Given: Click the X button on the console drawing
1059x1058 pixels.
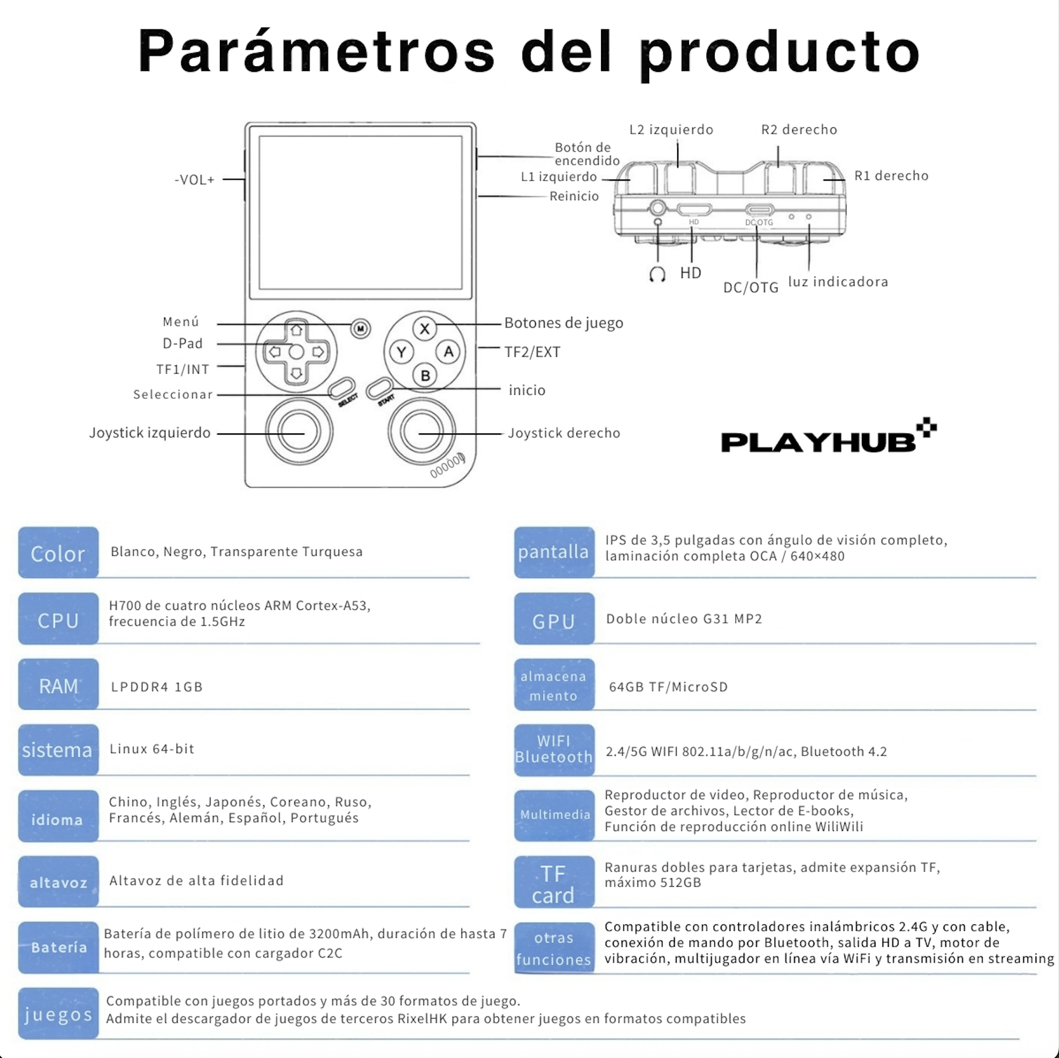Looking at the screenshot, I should [x=425, y=329].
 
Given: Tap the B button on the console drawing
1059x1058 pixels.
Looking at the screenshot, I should [x=425, y=375].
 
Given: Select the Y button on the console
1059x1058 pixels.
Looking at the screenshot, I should [x=402, y=352].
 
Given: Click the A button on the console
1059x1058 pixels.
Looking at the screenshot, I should [x=449, y=352].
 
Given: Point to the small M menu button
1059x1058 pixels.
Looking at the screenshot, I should [x=361, y=328].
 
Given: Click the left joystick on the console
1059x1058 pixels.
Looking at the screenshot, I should [x=299, y=432].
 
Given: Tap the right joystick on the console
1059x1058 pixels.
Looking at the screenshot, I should [x=421, y=432].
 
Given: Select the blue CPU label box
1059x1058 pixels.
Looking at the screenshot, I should [x=58, y=619].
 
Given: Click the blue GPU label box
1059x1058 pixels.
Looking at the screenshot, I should [x=554, y=619].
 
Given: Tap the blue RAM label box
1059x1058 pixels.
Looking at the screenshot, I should [x=58, y=685].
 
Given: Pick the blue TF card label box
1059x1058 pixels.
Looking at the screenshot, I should [x=554, y=883].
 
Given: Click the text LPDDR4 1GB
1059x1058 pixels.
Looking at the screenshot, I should [x=157, y=687].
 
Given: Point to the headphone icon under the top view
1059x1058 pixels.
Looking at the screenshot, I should [x=657, y=274].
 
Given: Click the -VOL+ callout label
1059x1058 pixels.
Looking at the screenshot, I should [x=195, y=179].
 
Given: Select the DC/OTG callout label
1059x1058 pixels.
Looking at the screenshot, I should [x=751, y=287].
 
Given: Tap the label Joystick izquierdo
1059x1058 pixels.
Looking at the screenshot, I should [x=150, y=433].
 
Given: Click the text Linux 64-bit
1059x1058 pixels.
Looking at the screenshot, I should [x=152, y=749].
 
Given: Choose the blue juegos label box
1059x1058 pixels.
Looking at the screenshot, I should [x=58, y=1013].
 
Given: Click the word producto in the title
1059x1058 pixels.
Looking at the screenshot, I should [x=780, y=53].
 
